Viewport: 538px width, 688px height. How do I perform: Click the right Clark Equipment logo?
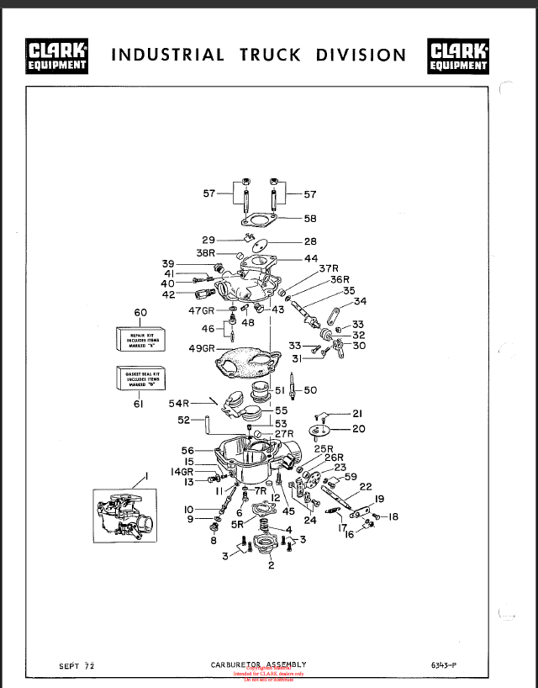[x=458, y=56]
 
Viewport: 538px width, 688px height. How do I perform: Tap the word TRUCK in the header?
[x=270, y=56]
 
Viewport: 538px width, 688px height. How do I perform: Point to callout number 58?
[x=310, y=219]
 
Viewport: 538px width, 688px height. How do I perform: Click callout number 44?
[x=311, y=258]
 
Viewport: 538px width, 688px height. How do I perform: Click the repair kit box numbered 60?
[x=140, y=338]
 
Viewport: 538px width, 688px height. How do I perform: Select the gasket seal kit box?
[x=140, y=378]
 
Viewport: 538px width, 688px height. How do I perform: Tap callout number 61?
[x=140, y=404]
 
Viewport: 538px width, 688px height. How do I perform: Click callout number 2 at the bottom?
[x=271, y=565]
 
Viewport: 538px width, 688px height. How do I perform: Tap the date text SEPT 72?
[x=76, y=666]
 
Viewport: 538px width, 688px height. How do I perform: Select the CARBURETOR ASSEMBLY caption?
[x=258, y=664]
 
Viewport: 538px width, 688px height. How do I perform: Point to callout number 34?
[x=360, y=301]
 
